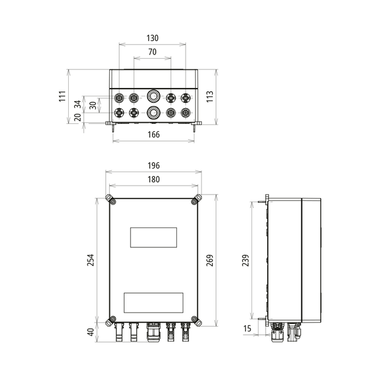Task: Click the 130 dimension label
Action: click(x=153, y=38)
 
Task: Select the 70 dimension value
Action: click(x=153, y=52)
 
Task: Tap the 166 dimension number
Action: click(x=153, y=135)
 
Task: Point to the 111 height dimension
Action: click(x=62, y=96)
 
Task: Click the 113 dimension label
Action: click(x=210, y=96)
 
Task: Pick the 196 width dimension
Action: click(x=153, y=166)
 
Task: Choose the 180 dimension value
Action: click(x=153, y=179)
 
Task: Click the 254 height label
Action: click(x=90, y=260)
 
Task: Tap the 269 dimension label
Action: click(x=210, y=260)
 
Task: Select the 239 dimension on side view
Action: click(x=246, y=260)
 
